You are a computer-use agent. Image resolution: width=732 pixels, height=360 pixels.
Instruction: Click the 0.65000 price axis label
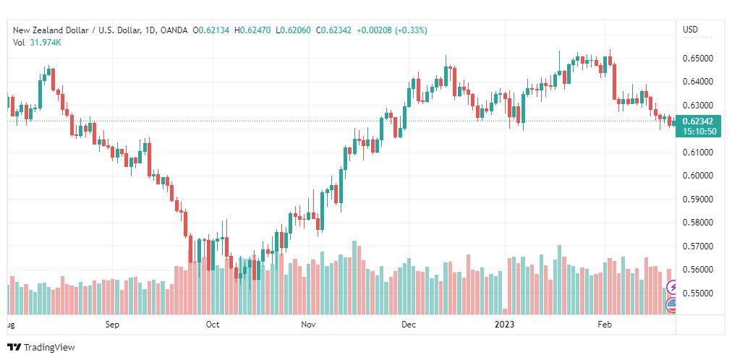698,59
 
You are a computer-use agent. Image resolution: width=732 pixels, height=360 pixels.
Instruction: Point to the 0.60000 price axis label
698,176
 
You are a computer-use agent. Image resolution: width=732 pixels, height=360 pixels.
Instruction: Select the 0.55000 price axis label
698,293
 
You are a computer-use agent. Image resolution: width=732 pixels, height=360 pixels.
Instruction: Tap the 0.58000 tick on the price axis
698,223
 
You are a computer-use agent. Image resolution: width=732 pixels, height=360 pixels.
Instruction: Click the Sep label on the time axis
113,325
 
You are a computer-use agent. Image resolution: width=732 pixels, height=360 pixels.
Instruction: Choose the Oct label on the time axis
213,325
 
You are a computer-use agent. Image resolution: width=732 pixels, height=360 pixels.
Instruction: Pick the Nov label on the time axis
308,325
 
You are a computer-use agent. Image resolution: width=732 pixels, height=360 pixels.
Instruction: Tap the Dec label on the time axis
409,325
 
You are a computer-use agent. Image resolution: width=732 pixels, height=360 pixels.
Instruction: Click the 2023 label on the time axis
505,325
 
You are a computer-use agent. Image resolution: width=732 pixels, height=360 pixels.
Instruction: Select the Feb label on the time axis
605,325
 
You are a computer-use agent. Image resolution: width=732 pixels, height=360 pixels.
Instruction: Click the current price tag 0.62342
697,121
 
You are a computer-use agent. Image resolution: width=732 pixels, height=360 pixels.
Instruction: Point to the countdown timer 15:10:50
699,132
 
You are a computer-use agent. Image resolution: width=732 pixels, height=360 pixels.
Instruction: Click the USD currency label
691,30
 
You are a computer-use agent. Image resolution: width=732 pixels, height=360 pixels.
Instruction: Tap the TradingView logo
41,348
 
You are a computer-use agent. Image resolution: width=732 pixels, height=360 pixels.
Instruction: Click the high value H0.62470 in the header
252,30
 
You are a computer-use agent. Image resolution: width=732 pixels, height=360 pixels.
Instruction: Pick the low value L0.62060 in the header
293,30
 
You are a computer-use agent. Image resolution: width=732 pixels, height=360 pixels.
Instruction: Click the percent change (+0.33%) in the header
411,30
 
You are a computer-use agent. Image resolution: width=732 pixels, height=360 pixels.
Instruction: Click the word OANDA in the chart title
174,30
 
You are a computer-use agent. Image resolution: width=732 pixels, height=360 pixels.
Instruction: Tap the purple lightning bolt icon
672,287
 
